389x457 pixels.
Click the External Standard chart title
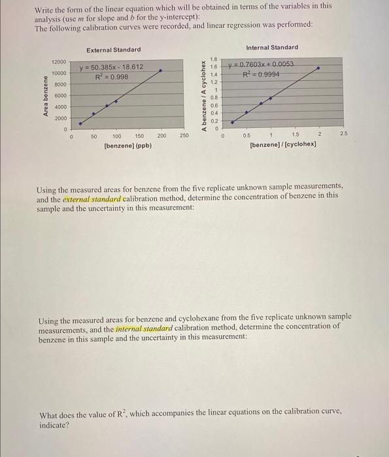click(113, 50)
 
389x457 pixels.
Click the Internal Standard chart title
click(272, 47)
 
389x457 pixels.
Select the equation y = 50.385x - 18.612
click(111, 67)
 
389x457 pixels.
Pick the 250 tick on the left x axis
click(184, 136)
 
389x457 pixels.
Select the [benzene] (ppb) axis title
click(128, 146)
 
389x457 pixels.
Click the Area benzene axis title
click(46, 96)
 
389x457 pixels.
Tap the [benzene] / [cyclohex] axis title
click(282, 144)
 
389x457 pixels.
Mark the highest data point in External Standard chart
click(161, 71)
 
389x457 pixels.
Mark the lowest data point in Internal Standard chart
click(233, 121)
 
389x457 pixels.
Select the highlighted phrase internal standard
click(144, 328)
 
